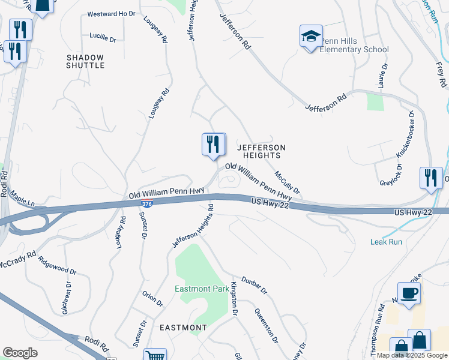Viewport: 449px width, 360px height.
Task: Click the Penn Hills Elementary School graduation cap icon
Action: pos(311,37)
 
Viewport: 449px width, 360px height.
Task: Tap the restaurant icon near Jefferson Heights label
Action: pos(213,145)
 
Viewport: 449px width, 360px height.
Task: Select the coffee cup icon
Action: pos(409,293)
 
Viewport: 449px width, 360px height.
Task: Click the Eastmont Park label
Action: pos(201,289)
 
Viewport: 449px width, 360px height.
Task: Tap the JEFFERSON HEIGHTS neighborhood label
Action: pos(261,151)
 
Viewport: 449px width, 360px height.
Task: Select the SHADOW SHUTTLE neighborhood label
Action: pos(85,61)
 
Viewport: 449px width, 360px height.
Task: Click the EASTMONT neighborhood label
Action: pos(184,328)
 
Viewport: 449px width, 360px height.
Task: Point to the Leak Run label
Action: pos(386,242)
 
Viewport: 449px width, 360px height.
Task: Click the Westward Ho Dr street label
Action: pos(111,14)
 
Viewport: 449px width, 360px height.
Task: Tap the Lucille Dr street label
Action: pos(103,37)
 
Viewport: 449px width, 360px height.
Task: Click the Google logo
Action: pos(20,353)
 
